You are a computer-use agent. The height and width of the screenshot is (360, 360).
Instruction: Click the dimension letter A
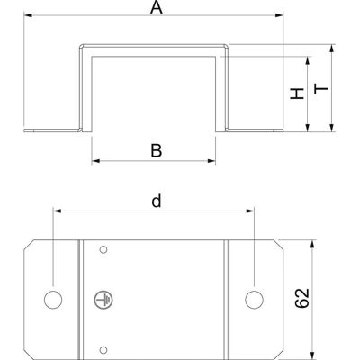point(157,7)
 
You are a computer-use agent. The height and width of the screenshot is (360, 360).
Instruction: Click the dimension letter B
point(157,151)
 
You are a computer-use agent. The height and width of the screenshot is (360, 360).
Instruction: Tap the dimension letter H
point(297,94)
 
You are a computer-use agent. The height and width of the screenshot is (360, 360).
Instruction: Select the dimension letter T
point(321,89)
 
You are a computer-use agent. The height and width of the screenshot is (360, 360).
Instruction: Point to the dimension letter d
point(157,201)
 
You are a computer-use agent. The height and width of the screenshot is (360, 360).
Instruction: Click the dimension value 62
point(302,298)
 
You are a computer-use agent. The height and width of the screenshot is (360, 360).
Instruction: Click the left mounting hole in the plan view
point(53,300)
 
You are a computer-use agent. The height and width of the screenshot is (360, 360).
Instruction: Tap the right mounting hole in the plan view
point(254,300)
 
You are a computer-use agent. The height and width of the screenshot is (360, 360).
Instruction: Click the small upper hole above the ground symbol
point(103,249)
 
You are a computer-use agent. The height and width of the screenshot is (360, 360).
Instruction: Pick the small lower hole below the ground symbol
point(103,349)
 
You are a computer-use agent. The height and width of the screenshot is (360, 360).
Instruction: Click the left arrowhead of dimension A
point(28,15)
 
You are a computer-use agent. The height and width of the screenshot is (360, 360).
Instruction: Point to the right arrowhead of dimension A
point(279,15)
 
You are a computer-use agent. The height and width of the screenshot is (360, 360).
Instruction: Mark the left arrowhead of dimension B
point(95,161)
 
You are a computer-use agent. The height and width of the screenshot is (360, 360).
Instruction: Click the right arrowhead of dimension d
point(250,211)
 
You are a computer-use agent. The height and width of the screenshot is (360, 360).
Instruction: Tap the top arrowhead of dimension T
point(331,49)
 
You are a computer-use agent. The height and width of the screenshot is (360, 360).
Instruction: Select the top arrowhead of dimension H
point(308,60)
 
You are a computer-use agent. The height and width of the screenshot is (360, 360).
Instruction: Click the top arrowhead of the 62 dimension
point(312,244)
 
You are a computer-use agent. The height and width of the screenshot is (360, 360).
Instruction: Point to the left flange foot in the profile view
point(53,130)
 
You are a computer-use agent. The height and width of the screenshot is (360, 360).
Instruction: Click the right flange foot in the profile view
point(255,130)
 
